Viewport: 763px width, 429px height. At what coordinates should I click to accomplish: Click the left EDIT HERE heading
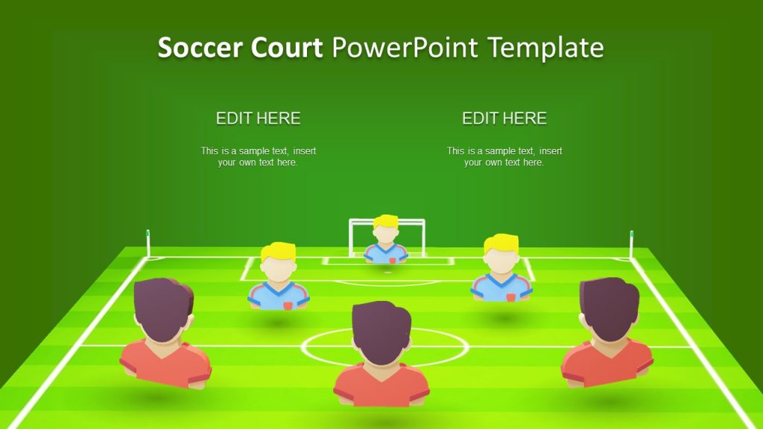[x=258, y=118]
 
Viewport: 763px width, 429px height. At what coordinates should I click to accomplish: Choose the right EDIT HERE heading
[x=504, y=118]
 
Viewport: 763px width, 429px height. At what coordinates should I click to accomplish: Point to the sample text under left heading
[x=258, y=156]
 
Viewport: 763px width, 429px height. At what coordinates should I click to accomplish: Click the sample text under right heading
[x=504, y=156]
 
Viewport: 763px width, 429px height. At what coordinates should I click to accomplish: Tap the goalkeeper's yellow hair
[x=386, y=221]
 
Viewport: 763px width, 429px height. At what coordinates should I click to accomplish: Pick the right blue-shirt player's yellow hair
[x=501, y=244]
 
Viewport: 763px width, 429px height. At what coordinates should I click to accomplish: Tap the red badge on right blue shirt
[x=510, y=296]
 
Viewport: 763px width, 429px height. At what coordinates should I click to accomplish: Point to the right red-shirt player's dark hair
[x=610, y=305]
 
